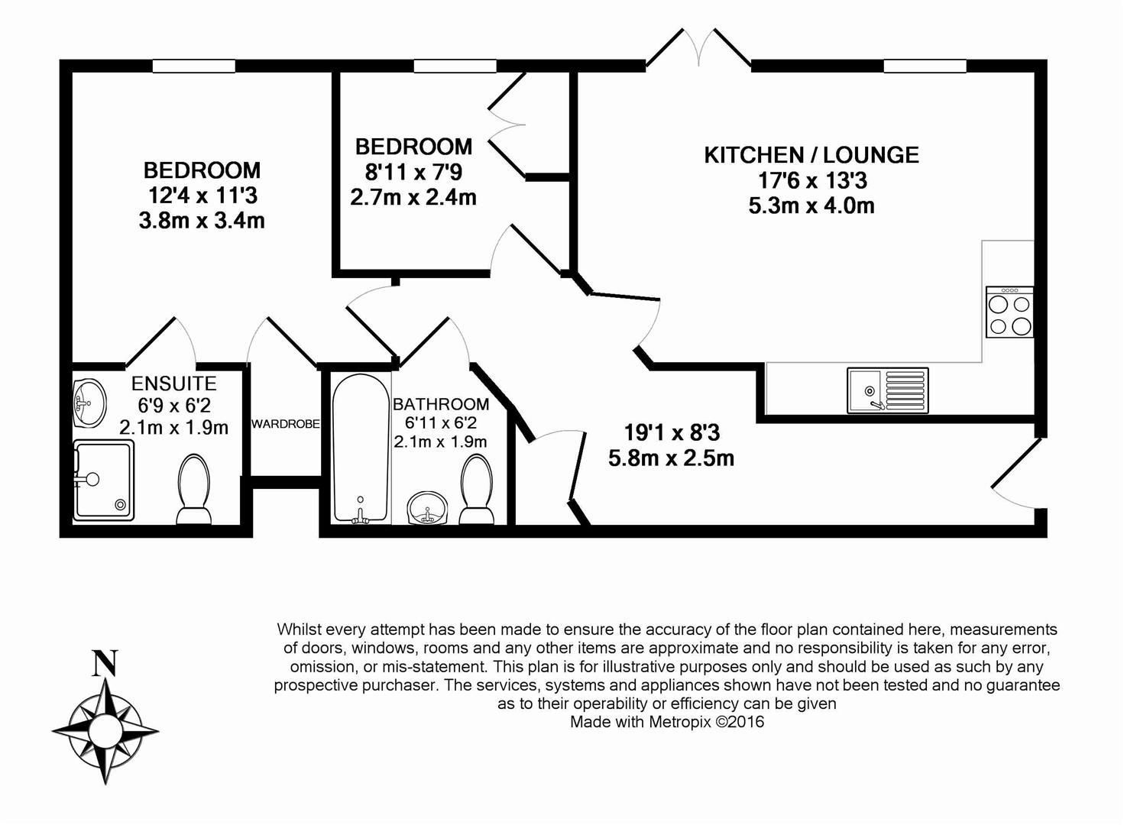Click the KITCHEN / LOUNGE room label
pyautogui.click(x=811, y=155)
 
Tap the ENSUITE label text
pyautogui.click(x=173, y=383)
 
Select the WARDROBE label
pyautogui.click(x=285, y=424)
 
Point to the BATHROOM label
pyautogui.click(x=440, y=404)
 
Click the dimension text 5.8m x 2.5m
pyautogui.click(x=671, y=458)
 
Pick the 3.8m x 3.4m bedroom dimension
pyautogui.click(x=202, y=221)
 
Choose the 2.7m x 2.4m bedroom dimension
pyautogui.click(x=413, y=197)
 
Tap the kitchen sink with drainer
pyautogui.click(x=887, y=390)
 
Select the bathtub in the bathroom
pyautogui.click(x=361, y=448)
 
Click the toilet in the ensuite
pyautogui.click(x=194, y=489)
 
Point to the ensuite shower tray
pyautogui.click(x=103, y=480)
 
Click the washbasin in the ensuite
pyautogui.click(x=89, y=402)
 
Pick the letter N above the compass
pyautogui.click(x=105, y=663)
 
